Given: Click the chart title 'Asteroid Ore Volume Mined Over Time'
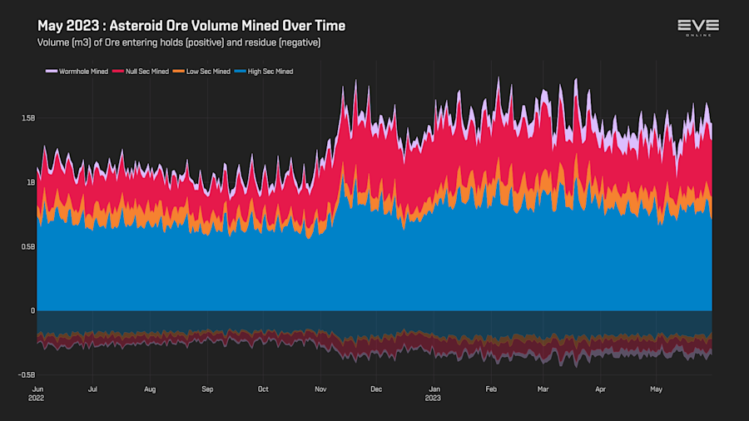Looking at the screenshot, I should click(x=191, y=26).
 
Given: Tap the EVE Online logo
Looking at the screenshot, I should click(x=697, y=27).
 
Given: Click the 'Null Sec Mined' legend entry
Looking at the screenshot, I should click(x=146, y=72).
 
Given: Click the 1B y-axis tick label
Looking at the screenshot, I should click(x=29, y=182).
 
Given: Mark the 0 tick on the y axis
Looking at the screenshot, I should click(x=32, y=310).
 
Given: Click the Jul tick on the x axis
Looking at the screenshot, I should click(x=92, y=389).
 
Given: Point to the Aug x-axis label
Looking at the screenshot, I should click(x=150, y=389).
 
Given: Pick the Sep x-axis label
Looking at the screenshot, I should click(x=207, y=389).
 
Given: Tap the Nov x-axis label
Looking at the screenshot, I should click(x=321, y=389).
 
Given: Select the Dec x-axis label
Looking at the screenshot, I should click(x=376, y=389).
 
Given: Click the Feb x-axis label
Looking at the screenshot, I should click(x=491, y=389).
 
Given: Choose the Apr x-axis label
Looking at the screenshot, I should click(x=600, y=389).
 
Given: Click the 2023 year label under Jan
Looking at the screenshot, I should click(x=434, y=399).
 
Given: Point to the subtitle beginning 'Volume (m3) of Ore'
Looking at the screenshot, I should click(x=179, y=42).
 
